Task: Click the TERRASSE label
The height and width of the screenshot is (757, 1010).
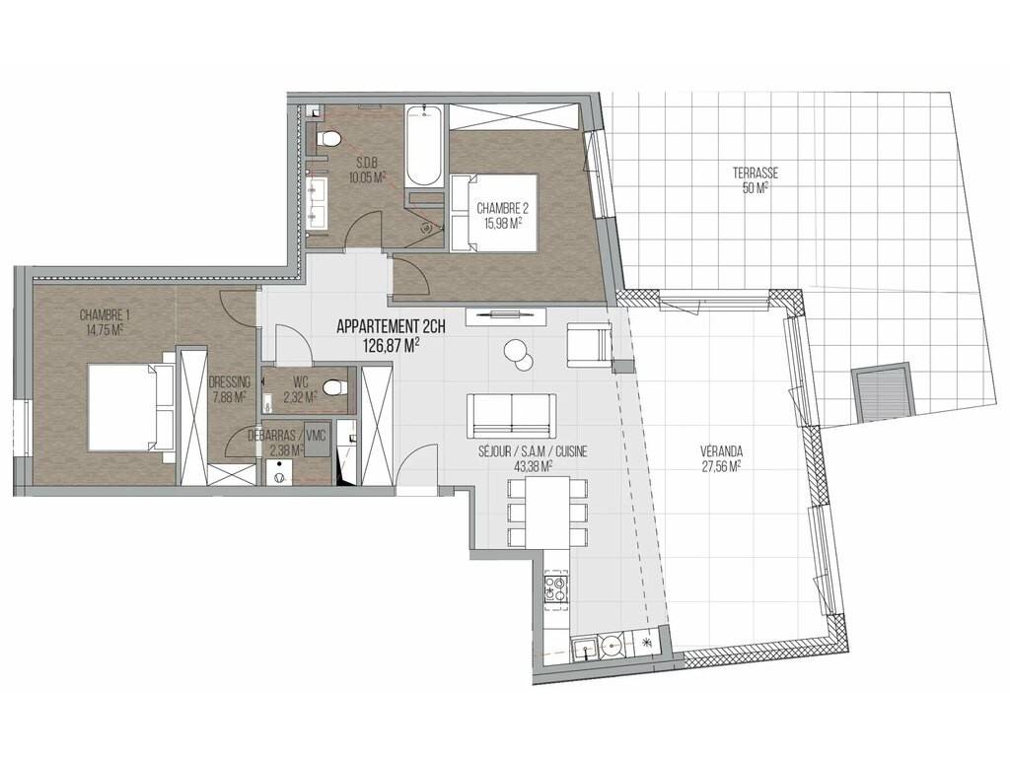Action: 755,173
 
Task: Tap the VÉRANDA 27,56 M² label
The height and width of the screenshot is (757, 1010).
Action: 721,457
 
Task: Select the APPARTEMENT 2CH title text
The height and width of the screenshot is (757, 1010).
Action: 391,327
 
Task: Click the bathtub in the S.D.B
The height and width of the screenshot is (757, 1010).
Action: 424,146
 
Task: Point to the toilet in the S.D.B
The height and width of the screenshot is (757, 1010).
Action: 329,138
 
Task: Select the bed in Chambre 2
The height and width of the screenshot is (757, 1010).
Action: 493,213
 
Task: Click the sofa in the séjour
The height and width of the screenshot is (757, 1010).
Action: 512,415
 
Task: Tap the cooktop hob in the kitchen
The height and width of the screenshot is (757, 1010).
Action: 556,587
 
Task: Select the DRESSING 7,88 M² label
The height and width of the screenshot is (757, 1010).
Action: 229,389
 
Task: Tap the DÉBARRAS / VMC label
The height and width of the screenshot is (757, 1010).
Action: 287,435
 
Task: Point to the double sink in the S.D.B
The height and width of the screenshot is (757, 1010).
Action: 317,203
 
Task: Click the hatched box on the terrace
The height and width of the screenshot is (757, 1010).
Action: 883,393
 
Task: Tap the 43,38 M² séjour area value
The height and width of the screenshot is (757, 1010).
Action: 533,465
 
